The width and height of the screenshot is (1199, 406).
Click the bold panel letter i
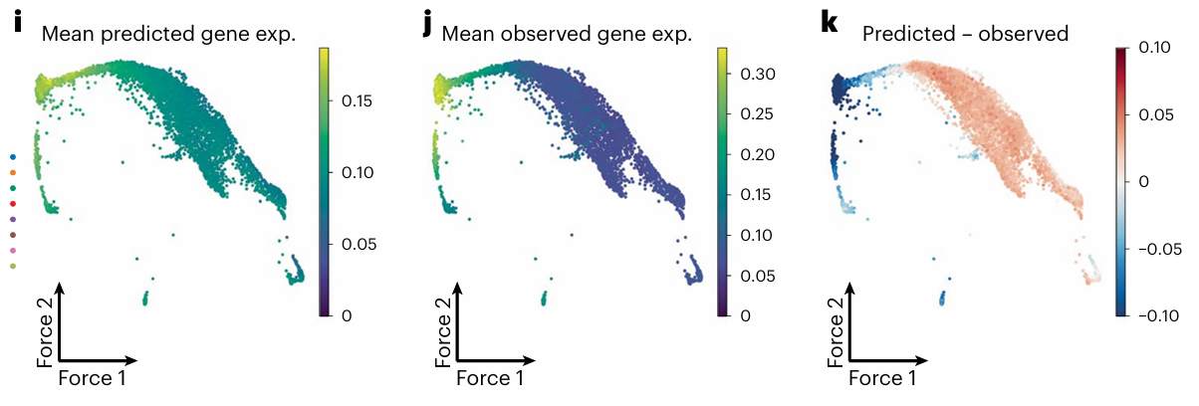pyautogui.click(x=18, y=23)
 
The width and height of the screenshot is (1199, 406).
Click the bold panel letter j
pyautogui.click(x=426, y=25)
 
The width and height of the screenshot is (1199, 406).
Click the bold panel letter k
pyautogui.click(x=830, y=23)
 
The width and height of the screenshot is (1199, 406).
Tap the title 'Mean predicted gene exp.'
pyautogui.click(x=168, y=34)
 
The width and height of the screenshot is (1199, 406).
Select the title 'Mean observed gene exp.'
pyautogui.click(x=567, y=34)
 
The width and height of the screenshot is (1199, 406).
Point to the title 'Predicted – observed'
pyautogui.click(x=965, y=34)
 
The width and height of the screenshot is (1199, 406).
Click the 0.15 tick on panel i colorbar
pyautogui.click(x=357, y=101)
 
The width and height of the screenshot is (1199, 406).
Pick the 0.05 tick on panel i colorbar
pyautogui.click(x=359, y=245)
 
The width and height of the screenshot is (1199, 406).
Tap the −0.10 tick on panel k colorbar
pyautogui.click(x=1158, y=315)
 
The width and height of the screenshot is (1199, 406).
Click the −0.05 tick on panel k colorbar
pyautogui.click(x=1159, y=249)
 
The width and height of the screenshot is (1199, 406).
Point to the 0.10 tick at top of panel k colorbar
pyautogui.click(x=1154, y=48)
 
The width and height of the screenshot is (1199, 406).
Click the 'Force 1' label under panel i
pyautogui.click(x=92, y=378)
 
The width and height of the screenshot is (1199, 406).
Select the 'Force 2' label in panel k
pyautogui.click(x=836, y=332)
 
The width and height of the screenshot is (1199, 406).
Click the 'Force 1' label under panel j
pyautogui.click(x=490, y=378)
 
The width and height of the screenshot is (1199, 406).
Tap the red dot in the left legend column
pyautogui.click(x=13, y=204)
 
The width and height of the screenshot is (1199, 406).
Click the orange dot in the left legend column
pyautogui.click(x=13, y=172)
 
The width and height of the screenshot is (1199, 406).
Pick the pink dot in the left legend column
pyautogui.click(x=13, y=251)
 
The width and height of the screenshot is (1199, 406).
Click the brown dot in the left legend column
pyautogui.click(x=13, y=235)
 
